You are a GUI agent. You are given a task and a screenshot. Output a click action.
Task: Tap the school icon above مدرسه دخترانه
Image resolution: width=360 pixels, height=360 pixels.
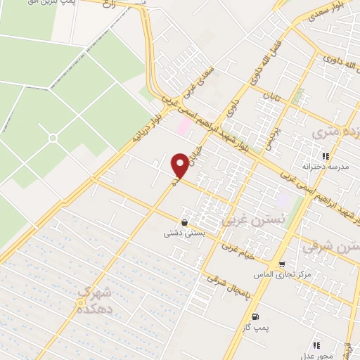click(x=325, y=156)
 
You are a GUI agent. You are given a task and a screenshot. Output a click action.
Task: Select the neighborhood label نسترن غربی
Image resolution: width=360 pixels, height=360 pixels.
click(x=244, y=220)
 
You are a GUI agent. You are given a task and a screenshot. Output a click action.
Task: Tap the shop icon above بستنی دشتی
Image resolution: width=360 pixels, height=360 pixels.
click(x=184, y=222)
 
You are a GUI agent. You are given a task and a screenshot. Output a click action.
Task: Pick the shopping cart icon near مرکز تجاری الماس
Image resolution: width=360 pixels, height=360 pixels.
click(x=282, y=266)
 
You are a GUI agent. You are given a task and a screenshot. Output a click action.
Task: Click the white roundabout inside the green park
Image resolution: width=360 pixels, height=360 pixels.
click(x=52, y=137)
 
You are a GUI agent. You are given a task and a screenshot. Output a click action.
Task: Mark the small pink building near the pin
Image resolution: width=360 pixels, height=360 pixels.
click(x=184, y=127)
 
